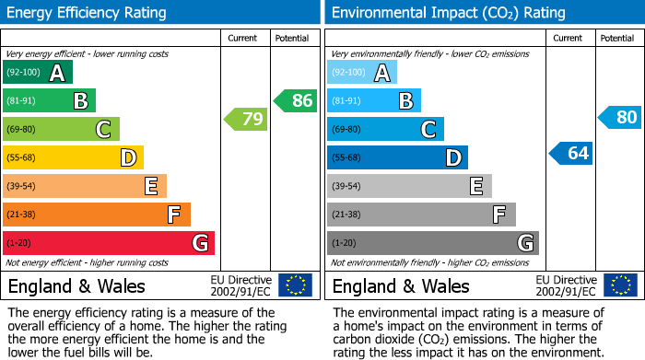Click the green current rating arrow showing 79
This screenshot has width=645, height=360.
246,119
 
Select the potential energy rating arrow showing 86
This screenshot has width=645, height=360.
296,100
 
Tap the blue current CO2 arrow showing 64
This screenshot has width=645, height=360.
570,153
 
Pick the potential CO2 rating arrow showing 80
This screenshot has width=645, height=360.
620,117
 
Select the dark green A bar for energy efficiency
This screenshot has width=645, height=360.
38,72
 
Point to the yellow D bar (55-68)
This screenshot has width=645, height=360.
73,157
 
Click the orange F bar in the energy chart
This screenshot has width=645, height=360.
97,215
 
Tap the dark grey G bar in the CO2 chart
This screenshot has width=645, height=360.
432,243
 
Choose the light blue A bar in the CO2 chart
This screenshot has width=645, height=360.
362,72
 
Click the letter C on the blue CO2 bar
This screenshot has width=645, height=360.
428,130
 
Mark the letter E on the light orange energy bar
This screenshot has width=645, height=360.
150,187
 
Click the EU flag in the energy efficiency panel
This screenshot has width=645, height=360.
296,285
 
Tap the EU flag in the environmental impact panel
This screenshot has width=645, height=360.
620,285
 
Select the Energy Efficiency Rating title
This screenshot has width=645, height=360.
88,13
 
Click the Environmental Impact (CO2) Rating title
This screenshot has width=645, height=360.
448,13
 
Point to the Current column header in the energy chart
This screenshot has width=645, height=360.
244,38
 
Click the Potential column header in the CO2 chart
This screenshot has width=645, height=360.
617,38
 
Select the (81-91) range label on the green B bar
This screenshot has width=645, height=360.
23,100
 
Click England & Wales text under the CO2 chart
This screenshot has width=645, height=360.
401,285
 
